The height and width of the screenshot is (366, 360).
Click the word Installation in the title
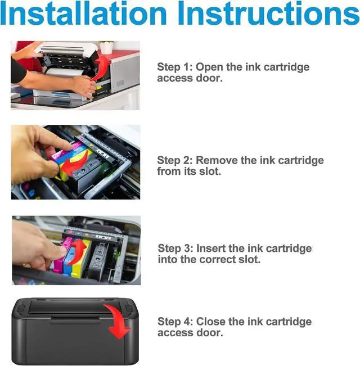[83, 13]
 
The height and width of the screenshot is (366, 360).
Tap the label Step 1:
[175, 67]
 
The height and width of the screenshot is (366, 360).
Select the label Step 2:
[175, 160]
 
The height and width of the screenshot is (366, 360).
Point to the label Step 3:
[175, 248]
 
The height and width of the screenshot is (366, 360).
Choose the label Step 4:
[175, 322]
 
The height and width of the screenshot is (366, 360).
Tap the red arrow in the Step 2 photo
[75, 164]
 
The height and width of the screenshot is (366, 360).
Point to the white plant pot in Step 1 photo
[106, 48]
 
